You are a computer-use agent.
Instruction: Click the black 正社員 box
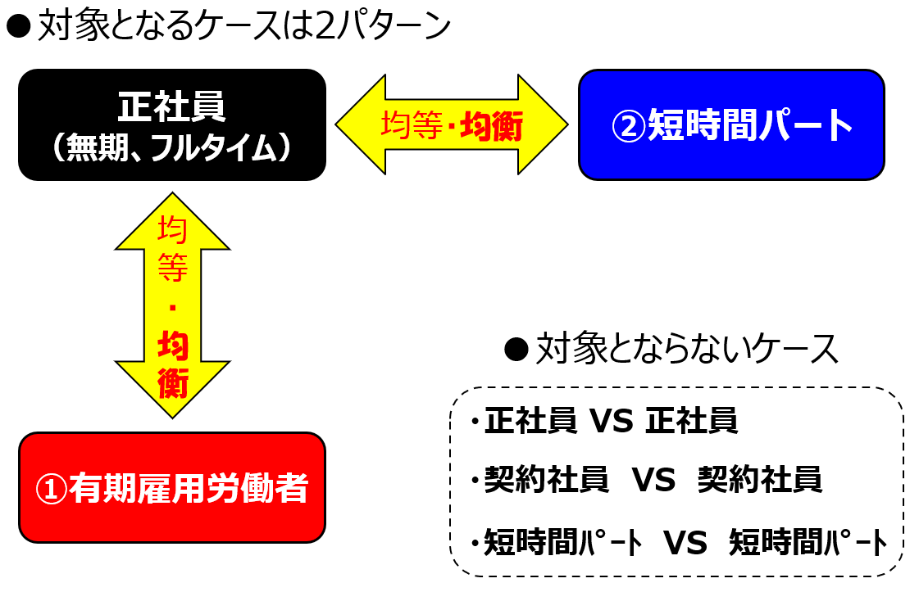point(171,124)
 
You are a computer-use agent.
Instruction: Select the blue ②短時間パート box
point(731,124)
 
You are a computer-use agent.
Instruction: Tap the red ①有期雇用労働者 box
point(171,488)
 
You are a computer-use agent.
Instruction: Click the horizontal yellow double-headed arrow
point(451,124)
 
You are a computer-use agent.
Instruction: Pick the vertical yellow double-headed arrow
point(172,305)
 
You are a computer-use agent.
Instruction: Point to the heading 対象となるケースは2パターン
point(244,26)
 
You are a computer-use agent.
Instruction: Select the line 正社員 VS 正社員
point(611,421)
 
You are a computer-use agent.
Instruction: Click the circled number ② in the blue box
point(628,126)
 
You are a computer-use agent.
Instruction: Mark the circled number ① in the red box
point(52,489)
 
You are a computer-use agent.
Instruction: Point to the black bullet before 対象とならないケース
point(516,350)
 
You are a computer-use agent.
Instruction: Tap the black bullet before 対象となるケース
point(18,26)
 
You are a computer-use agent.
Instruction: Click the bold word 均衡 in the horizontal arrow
point(492,126)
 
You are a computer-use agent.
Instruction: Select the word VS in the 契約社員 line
point(653,480)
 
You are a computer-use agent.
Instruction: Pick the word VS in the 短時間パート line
point(685,542)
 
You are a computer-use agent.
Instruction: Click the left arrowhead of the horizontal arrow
point(361,124)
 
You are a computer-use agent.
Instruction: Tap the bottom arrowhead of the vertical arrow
point(172,390)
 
